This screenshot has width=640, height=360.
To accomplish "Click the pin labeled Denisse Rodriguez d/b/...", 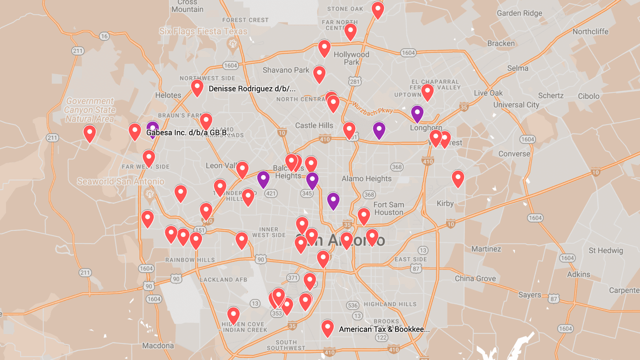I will (197, 87).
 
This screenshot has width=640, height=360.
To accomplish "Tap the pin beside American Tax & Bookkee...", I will (327, 328).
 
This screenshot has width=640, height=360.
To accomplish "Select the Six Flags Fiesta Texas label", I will (203, 31).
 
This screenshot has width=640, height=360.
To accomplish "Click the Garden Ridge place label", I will (519, 13).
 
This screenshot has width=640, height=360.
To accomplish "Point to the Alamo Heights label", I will (366, 178).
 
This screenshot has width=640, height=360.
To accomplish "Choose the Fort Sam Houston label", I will (388, 208).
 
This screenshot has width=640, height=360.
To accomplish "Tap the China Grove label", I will (475, 278).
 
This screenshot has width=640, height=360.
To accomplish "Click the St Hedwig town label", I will (605, 250).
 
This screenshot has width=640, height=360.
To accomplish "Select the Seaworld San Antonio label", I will (120, 181).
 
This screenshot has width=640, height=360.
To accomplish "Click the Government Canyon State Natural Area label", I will (90, 110).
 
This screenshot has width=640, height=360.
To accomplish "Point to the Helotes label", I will (168, 95).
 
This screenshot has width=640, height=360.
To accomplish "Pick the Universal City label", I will (516, 105).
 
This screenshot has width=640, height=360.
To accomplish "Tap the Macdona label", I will (157, 345).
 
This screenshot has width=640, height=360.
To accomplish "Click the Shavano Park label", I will (286, 70).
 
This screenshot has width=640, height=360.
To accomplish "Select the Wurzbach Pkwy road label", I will (372, 107).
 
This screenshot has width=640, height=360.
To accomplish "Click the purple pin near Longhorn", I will (417, 113).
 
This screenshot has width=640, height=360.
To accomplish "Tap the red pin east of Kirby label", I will (457, 178).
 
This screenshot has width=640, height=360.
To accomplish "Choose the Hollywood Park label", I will (351, 58).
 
